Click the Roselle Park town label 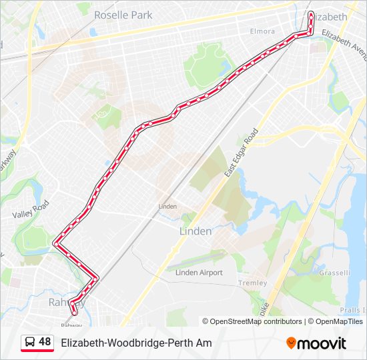pyautogui.click(x=123, y=15)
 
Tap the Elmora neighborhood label pyautogui.click(x=262, y=31)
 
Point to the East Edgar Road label pyautogui.click(x=241, y=153)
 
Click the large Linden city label pyautogui.click(x=196, y=231)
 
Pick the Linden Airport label pyautogui.click(x=198, y=273)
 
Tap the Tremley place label pyautogui.click(x=252, y=283)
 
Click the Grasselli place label pyautogui.click(x=334, y=273)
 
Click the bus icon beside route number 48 pyautogui.click(x=29, y=343)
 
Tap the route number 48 pyautogui.click(x=45, y=342)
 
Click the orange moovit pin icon pyautogui.click(x=291, y=343)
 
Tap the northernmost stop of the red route pyautogui.click(x=311, y=13)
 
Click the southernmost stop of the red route pyautogui.click(x=74, y=311)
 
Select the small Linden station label pyautogui.click(x=167, y=207)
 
